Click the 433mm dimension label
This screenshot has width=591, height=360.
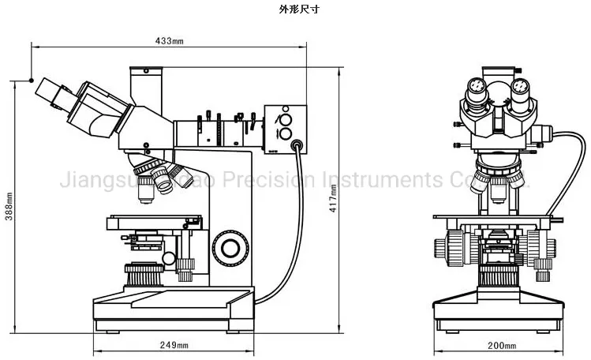pos(169,40)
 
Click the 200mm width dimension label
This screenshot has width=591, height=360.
pos(502,346)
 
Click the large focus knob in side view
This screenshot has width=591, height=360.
pos(231,248)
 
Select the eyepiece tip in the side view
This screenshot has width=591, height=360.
pos(44,88)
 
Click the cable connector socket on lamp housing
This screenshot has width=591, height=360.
pos(297,145)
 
